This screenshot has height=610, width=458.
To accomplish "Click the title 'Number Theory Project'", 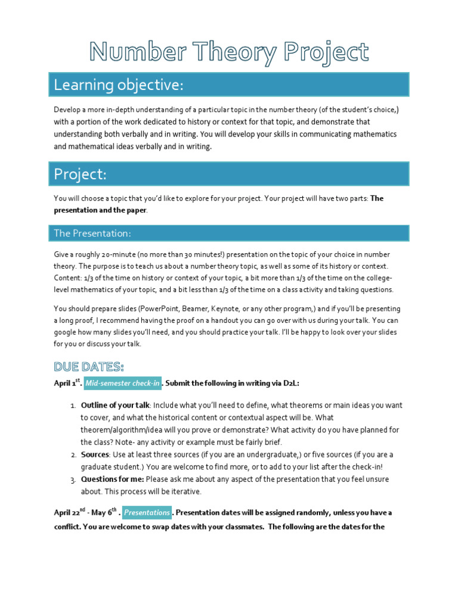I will [x=229, y=52].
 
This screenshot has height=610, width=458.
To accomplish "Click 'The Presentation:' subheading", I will [x=92, y=233].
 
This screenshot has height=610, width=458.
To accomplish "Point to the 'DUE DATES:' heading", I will [x=89, y=365].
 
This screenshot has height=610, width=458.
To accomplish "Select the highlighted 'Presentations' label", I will [x=147, y=512].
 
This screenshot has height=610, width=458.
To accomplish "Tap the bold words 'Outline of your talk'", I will [x=114, y=405].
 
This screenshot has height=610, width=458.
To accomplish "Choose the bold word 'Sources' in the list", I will [x=95, y=455].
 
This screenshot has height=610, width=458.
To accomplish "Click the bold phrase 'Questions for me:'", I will [x=112, y=480].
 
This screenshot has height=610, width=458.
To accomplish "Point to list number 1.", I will [x=72, y=405].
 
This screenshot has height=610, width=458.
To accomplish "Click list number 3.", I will [x=72, y=480].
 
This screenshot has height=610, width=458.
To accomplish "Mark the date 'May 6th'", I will [x=104, y=512].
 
